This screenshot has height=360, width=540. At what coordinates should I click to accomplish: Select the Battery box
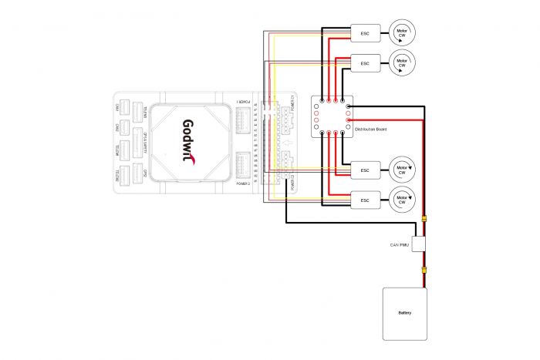(x=405, y=313)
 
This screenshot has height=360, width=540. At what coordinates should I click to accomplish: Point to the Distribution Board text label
(x=371, y=130)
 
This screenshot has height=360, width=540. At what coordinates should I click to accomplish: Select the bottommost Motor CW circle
(x=402, y=198)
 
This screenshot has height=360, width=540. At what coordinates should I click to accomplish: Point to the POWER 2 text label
(x=243, y=186)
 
